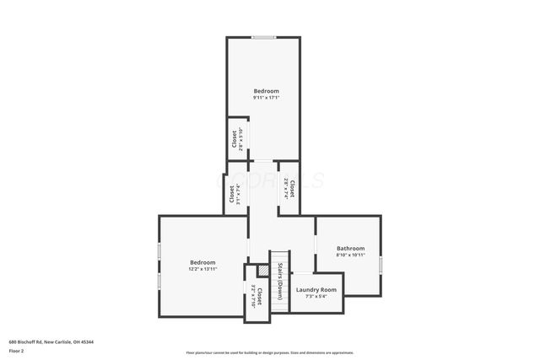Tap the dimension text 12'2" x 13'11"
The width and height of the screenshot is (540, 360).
(x=202, y=269)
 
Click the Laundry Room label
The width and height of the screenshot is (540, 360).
(x=316, y=290)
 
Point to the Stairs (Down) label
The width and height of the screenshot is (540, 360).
(x=279, y=280)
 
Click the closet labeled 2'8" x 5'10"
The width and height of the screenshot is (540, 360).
(x=236, y=137)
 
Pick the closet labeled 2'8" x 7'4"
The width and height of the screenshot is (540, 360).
(x=289, y=186)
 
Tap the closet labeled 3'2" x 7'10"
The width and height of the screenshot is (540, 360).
(x=256, y=297)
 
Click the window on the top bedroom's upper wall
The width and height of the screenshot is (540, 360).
(x=263, y=37)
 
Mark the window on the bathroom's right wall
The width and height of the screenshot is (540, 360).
(x=381, y=265)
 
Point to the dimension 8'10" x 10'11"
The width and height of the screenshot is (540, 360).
(x=350, y=255)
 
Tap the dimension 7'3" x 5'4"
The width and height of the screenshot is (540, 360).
(x=316, y=296)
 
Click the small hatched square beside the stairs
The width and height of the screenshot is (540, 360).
(x=249, y=272)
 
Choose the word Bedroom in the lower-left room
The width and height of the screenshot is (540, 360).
(x=202, y=262)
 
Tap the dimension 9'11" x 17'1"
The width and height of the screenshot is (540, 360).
(x=266, y=97)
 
